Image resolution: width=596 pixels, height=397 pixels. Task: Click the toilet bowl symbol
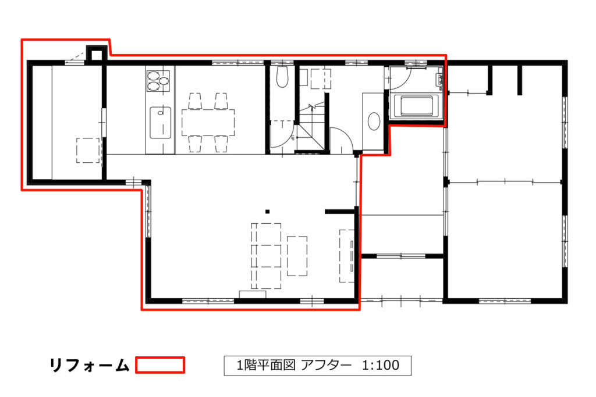[282, 77]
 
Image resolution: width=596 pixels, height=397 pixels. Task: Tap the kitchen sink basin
[161, 123]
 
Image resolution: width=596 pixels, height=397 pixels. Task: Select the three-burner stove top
[158, 81]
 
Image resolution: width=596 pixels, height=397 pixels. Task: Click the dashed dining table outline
[208, 122]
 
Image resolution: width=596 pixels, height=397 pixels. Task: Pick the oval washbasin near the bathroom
[374, 121]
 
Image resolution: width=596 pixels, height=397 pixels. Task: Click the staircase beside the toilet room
[312, 125]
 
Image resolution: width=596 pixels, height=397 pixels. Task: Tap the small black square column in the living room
[268, 212]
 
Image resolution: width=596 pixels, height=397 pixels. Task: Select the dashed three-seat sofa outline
[266, 256]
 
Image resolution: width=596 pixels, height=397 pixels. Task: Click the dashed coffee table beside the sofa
[297, 256]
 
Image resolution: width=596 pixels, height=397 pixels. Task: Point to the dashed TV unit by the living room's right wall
[347, 256]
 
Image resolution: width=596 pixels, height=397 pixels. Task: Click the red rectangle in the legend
[160, 364]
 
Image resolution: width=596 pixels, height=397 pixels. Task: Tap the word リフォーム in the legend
[90, 365]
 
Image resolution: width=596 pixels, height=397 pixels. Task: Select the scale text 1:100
[381, 365]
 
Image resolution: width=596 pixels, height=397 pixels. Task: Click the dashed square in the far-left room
[88, 151]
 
